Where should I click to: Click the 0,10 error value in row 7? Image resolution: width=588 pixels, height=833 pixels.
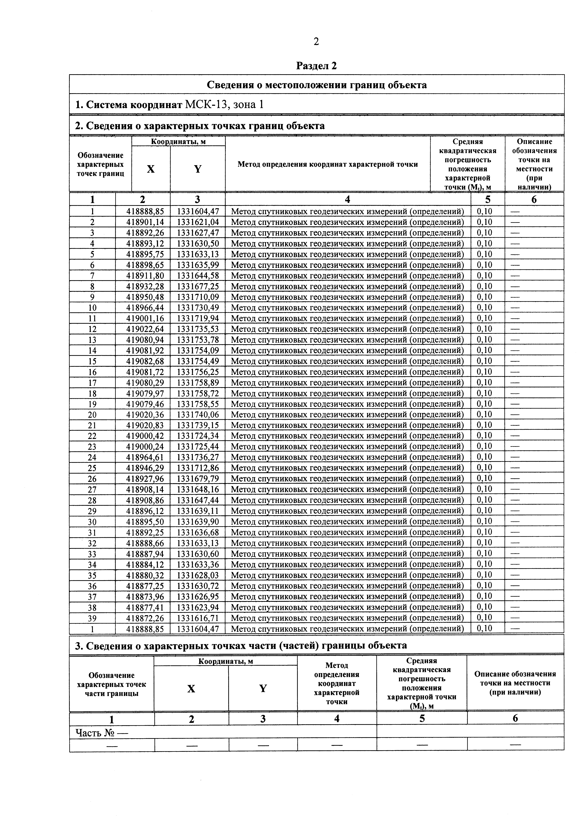(484, 275)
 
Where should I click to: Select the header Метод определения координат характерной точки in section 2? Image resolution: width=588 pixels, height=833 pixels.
(327, 164)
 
